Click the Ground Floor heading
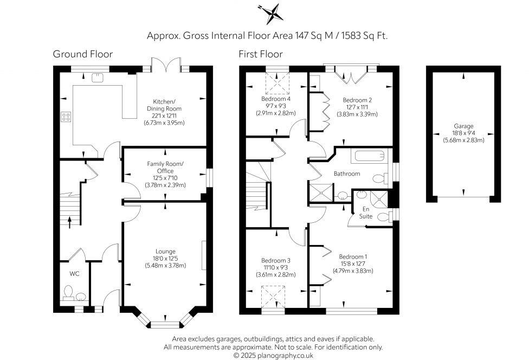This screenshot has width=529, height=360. click(x=82, y=54)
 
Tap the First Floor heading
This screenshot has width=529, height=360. click(x=261, y=54)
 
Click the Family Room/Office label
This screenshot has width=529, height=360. click(x=165, y=168)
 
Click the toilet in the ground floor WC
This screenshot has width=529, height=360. click(x=69, y=293)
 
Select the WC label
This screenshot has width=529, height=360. click(x=74, y=274)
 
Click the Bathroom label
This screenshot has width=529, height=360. click(x=347, y=174)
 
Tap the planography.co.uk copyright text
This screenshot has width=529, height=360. click(x=273, y=355)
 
